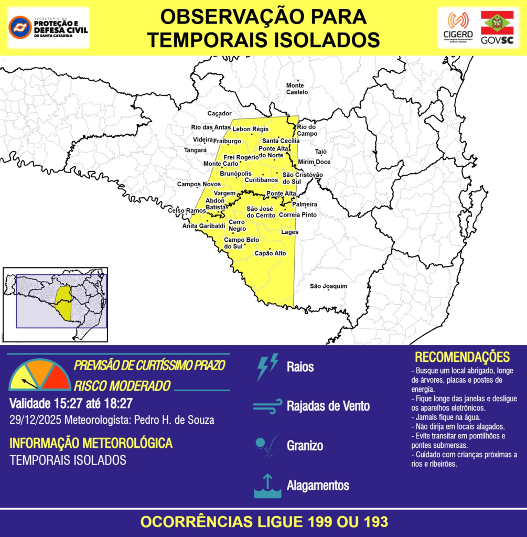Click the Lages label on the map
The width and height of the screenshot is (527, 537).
pos(289,232)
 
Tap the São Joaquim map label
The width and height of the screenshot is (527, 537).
pos(329,286)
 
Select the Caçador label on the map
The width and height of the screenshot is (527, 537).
pos(219,113)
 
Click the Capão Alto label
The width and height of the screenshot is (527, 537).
pos(270,253)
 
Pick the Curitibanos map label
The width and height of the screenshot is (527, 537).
pos(261,179)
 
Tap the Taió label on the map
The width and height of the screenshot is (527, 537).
pos(321,152)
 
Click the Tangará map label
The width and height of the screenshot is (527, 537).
pos(196,150)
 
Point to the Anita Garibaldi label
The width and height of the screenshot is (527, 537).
pos(203,225)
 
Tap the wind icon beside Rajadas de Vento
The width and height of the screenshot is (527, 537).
pos(267,406)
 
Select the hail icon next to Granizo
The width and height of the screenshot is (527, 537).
pos(267,446)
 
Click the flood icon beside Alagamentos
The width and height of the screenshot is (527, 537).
pos(267,486)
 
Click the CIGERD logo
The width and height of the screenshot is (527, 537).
pos(458,28)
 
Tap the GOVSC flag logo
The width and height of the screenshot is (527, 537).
pos(497,28)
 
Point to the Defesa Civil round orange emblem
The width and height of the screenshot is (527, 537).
pos(20,27)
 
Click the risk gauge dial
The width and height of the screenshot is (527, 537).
pos(40,376)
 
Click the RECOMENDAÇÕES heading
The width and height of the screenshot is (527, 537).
pos(462,357)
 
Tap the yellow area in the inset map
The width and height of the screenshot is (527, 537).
pos(64,303)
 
